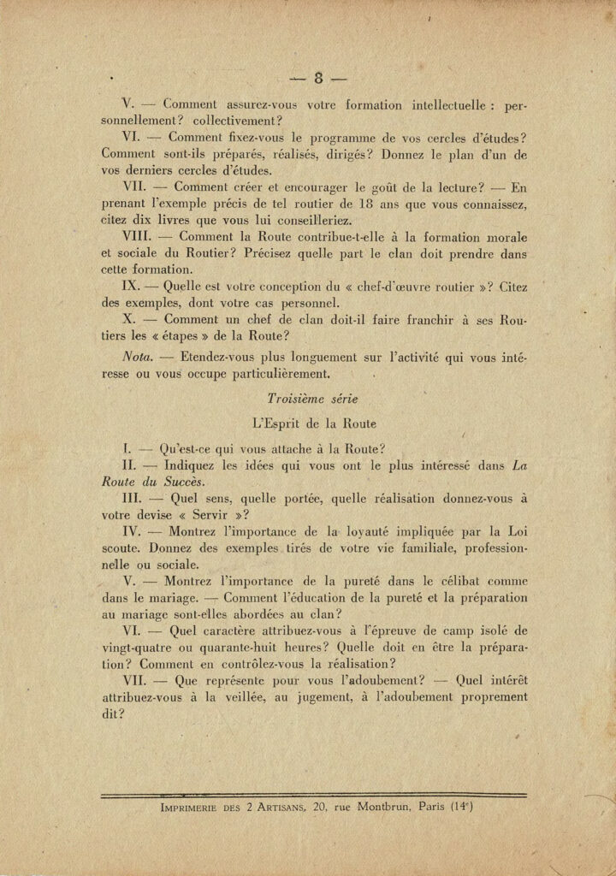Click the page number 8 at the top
coord(317,80)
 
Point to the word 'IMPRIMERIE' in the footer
coord(192,806)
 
